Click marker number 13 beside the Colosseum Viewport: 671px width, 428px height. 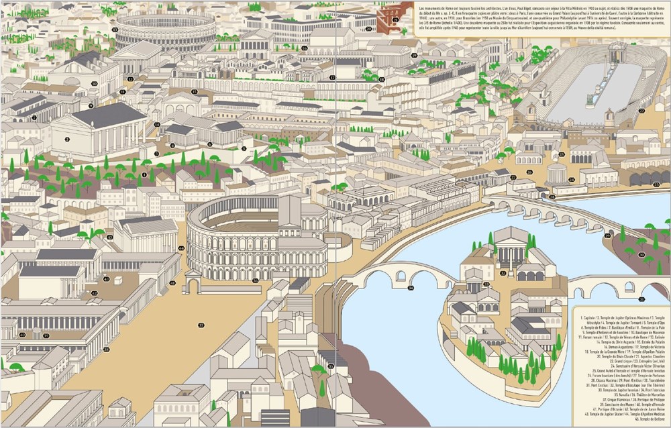tap(115, 30)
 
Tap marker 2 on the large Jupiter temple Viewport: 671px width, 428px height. tap(67, 139)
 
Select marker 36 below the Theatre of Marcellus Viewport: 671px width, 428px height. tap(255, 280)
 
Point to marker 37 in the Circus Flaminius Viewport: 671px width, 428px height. tap(46, 335)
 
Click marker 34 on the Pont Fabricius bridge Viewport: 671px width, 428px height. tap(411, 288)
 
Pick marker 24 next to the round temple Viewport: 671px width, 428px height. tap(571, 180)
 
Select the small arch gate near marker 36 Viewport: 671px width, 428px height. tap(193, 284)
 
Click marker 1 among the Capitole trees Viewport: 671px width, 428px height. tap(144, 174)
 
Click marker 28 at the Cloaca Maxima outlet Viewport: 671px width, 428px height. tap(552, 197)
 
